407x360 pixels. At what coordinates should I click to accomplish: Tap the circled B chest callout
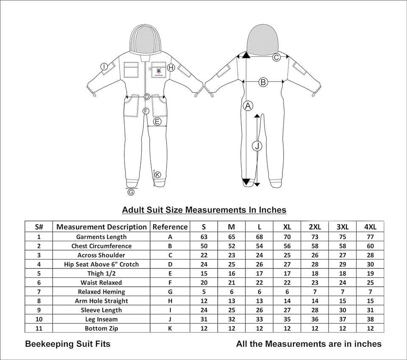263,82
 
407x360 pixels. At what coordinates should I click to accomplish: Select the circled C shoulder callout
276,58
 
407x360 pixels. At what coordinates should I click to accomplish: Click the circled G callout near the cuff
131,193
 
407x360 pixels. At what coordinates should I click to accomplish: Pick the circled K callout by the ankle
158,175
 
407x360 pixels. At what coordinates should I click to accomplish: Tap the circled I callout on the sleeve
104,67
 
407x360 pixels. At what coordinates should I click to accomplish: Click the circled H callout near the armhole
171,67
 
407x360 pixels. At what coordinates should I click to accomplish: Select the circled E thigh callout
157,122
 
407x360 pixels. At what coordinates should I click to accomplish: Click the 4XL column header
370,227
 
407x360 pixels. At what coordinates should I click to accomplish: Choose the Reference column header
170,227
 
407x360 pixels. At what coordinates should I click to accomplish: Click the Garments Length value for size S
204,237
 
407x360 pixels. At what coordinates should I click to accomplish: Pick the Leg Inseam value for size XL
287,319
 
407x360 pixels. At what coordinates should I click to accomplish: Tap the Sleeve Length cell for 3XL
343,310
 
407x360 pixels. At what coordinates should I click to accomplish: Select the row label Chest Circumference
101,246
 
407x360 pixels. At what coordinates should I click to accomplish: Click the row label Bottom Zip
101,329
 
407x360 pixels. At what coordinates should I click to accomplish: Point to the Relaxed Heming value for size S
204,292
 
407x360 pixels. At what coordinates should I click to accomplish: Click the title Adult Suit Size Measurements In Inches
204,210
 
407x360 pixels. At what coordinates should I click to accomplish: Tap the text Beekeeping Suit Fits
68,344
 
